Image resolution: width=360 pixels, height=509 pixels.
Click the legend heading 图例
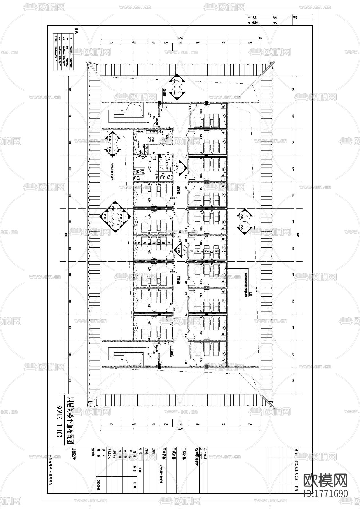[76, 31]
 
